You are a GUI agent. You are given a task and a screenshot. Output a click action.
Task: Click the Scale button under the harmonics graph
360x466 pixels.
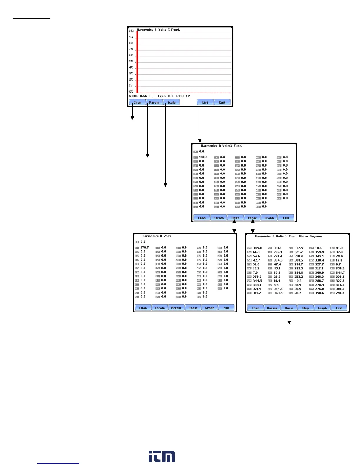click(x=171, y=102)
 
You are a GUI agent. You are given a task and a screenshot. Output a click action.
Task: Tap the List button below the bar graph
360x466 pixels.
click(x=205, y=102)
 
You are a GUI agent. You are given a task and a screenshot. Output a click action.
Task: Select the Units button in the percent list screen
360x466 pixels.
click(x=235, y=218)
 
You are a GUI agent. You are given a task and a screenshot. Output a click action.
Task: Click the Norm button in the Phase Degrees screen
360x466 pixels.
click(x=289, y=308)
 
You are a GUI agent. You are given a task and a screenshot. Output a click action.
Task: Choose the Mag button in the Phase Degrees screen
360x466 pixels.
click(x=306, y=308)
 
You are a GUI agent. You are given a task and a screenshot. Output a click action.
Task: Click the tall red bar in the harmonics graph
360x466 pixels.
click(x=137, y=62)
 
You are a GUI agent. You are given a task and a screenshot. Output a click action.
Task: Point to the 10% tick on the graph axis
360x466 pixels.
click(x=131, y=31)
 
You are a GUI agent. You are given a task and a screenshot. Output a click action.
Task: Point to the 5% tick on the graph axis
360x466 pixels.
click(x=131, y=61)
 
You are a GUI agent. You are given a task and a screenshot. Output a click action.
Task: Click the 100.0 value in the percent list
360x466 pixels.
click(x=203, y=157)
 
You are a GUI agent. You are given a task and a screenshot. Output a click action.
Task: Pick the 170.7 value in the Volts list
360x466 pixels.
click(x=144, y=247)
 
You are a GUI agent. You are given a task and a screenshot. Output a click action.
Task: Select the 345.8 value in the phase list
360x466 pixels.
click(x=257, y=248)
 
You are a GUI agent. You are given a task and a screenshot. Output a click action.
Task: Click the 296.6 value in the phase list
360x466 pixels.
click(x=340, y=293)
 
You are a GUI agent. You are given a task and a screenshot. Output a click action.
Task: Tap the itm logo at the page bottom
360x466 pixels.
click(x=162, y=456)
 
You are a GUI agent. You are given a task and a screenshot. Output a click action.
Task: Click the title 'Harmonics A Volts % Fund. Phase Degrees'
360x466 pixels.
click(x=289, y=236)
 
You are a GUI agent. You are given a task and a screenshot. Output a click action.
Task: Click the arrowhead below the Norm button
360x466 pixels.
click(x=289, y=323)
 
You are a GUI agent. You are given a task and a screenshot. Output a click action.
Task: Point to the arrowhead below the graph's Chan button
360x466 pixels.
click(x=132, y=118)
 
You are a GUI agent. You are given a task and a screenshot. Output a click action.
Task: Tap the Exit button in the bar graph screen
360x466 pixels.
click(x=222, y=102)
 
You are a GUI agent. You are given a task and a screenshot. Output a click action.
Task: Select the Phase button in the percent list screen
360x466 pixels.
click(x=252, y=218)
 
